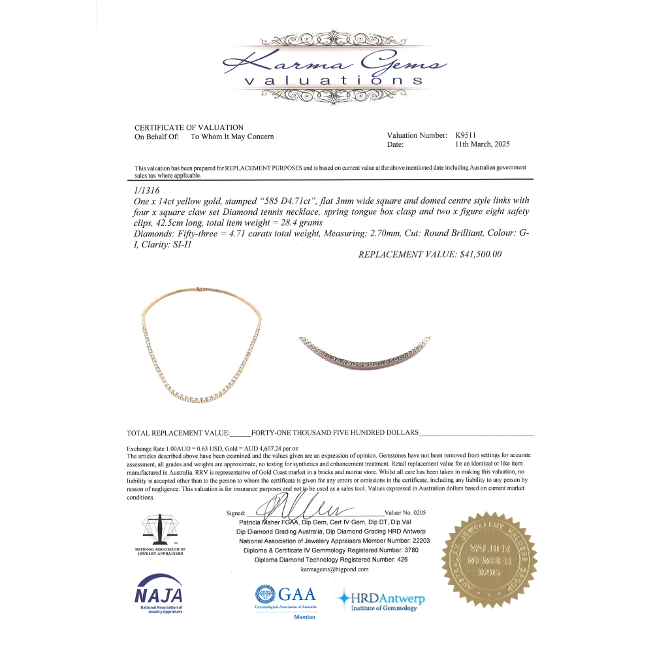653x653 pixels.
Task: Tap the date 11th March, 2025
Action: click(x=483, y=144)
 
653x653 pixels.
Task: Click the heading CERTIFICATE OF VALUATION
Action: click(x=189, y=127)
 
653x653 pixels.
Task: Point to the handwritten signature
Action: click(x=300, y=508)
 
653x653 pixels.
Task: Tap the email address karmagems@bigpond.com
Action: click(x=335, y=569)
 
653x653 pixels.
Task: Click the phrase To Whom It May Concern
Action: click(x=232, y=136)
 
